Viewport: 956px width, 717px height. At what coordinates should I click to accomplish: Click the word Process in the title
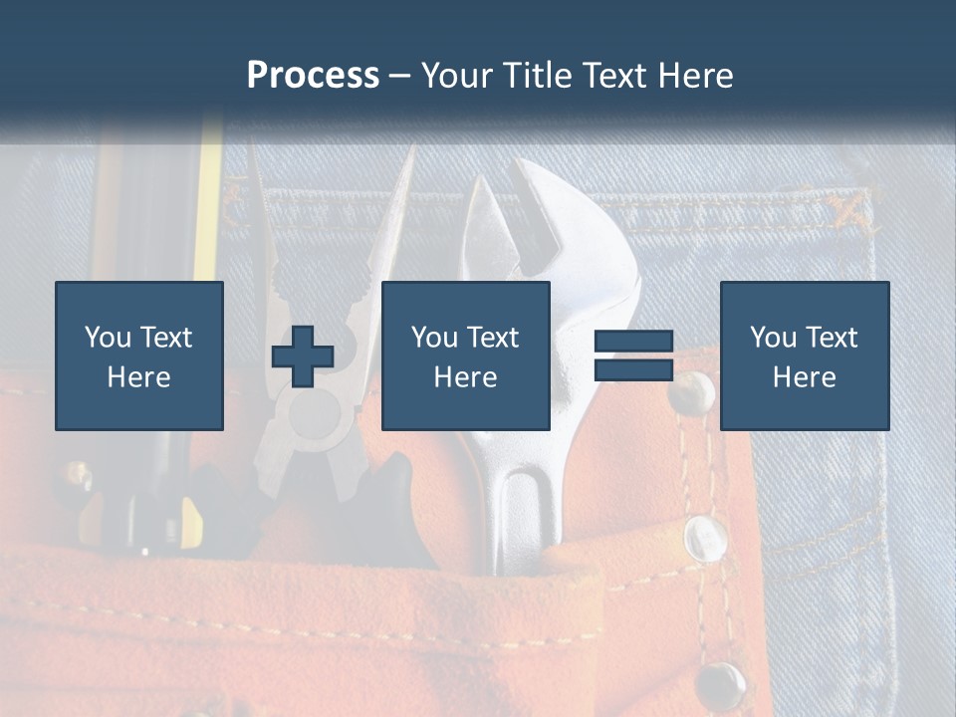click(313, 76)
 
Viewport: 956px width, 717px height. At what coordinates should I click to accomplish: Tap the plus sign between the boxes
click(303, 357)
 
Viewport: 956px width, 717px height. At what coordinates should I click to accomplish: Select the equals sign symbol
click(633, 357)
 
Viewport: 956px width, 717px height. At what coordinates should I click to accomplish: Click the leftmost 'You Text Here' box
click(139, 356)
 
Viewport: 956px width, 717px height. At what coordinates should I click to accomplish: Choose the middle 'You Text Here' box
click(465, 356)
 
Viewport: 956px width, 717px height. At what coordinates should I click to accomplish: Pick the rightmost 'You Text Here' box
click(804, 356)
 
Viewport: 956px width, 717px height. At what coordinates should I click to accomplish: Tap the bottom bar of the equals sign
click(633, 370)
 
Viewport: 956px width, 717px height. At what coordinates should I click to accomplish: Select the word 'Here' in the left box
click(138, 377)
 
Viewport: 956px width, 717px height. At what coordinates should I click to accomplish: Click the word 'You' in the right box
click(773, 338)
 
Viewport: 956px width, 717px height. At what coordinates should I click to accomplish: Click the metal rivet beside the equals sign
click(691, 392)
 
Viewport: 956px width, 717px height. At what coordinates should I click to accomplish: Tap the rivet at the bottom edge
click(719, 685)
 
